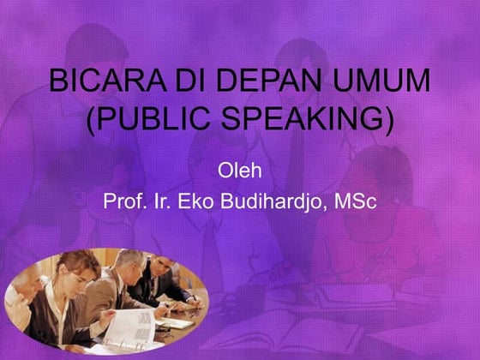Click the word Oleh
pyautogui.click(x=240, y=168)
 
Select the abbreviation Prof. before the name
pyautogui.click(x=123, y=203)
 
